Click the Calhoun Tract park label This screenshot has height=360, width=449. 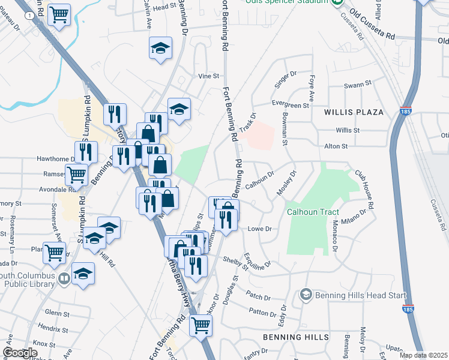point(313,212)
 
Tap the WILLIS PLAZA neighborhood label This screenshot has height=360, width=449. point(353,112)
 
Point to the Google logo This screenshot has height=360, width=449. point(20,353)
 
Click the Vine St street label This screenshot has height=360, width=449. point(209,77)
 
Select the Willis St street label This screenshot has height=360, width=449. point(348,130)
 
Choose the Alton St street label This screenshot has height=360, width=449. point(336,146)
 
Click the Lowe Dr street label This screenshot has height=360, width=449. point(260,229)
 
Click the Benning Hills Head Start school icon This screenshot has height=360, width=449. point(306,295)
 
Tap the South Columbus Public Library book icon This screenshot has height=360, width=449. point(64,278)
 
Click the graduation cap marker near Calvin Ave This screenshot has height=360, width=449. point(160,49)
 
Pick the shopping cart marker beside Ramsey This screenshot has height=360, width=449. point(77,175)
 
